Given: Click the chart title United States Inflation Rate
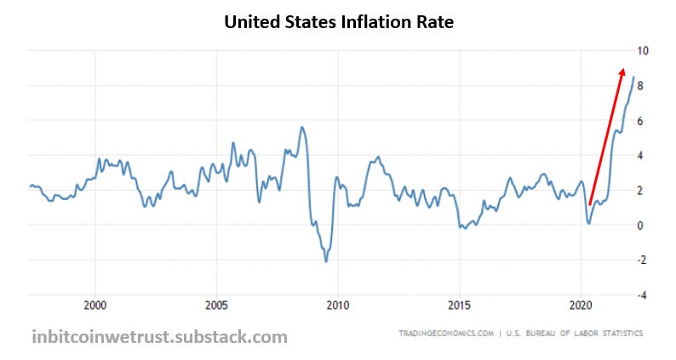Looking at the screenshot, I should coord(338,23).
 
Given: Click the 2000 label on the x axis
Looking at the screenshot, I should coord(95,305).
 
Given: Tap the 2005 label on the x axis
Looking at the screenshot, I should coord(216,305).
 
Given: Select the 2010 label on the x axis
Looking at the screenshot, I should coord(338,305).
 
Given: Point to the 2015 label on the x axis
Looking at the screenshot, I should coord(459,305).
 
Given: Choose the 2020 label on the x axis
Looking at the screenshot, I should coord(581,305).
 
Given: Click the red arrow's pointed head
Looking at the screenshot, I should coord(623,71).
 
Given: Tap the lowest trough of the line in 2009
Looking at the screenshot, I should coord(326,260).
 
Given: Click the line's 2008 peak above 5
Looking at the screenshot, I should coord(302,128).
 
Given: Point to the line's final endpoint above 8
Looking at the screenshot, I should coord(633,77).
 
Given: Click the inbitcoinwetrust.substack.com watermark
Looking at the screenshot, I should coord(159,337).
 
